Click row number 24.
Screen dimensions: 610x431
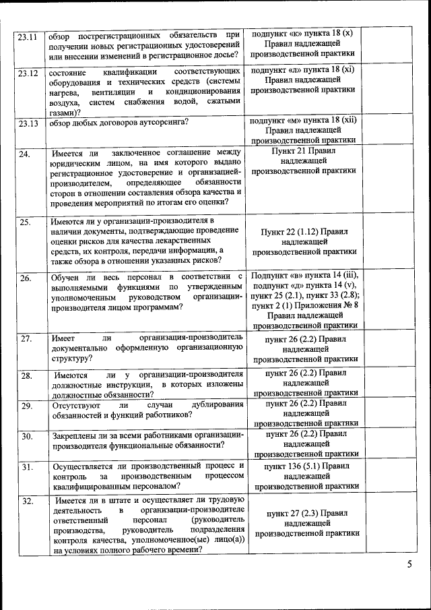(25, 155)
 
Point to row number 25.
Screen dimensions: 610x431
(25, 222)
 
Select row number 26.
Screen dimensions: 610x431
(25, 278)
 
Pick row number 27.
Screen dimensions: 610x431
(25, 338)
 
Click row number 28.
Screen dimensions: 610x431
(25, 375)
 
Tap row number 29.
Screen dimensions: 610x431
(25, 406)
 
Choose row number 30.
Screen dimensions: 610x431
(25, 436)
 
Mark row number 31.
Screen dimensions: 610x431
(25, 467)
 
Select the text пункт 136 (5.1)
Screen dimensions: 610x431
(294, 466)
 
